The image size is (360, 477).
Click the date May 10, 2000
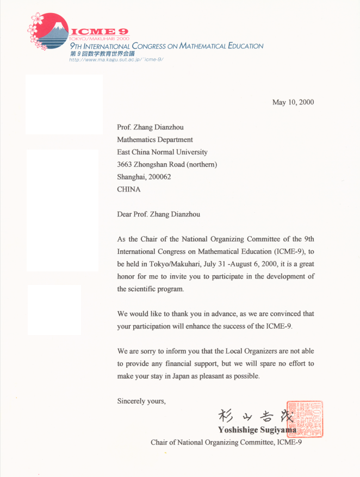(293, 102)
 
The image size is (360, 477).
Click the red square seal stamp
(309, 419)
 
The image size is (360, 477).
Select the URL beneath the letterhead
(116, 59)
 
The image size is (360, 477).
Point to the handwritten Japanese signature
(256, 417)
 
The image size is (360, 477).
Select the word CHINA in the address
(128, 189)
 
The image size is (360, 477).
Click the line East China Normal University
(162, 152)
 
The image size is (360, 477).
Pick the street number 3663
(126, 164)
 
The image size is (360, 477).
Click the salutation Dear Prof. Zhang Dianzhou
(158, 214)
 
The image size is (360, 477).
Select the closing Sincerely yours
(141, 401)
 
